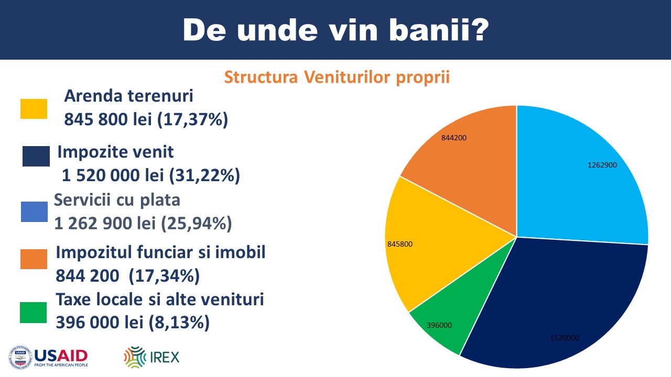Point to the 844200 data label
(x=454, y=138)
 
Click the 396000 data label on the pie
(x=439, y=325)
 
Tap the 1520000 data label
(x=565, y=338)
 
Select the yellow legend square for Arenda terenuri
(x=34, y=109)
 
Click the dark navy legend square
(x=36, y=156)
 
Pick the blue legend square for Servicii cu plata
(x=34, y=212)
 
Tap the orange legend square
(x=34, y=259)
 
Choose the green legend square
(x=33, y=313)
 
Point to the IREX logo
(x=151, y=357)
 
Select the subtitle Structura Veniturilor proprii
(x=337, y=77)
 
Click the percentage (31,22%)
(x=204, y=175)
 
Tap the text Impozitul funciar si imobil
(x=160, y=252)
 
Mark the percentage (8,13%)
(x=179, y=323)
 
